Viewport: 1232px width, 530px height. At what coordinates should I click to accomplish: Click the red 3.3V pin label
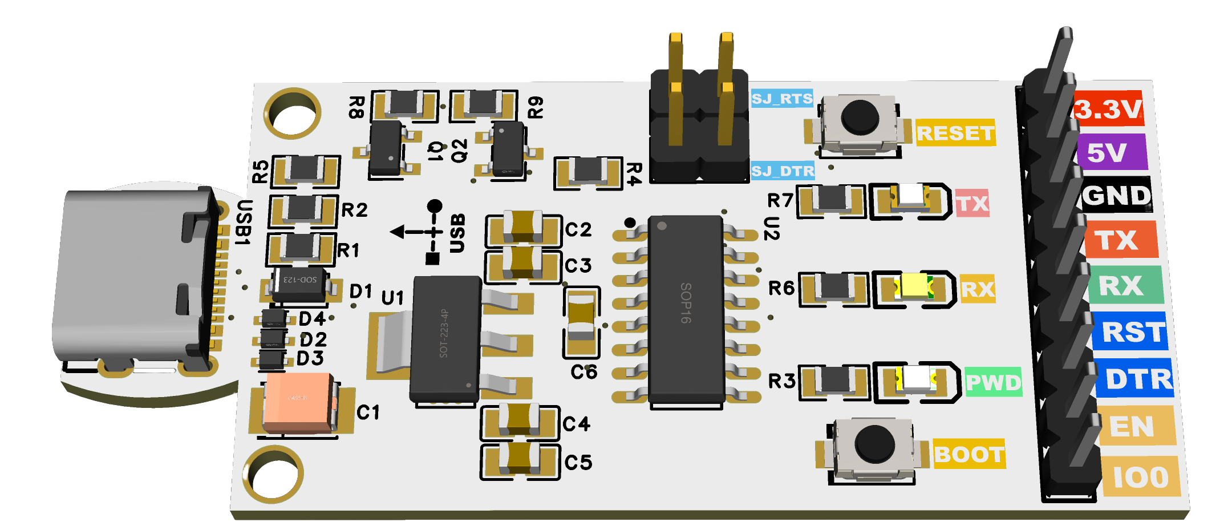[x=1108, y=108]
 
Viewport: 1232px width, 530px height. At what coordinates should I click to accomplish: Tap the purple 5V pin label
[x=1111, y=152]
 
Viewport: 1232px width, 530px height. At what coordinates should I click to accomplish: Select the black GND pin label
[x=1116, y=196]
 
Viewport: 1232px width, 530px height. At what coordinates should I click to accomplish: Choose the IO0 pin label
[x=1140, y=476]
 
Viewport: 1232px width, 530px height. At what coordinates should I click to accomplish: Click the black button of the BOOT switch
[x=874, y=444]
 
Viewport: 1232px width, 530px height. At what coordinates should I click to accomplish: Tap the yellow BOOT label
[x=969, y=454]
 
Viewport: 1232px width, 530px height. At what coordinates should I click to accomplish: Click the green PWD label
[x=993, y=382]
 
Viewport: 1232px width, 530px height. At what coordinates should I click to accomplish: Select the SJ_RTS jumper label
[x=782, y=99]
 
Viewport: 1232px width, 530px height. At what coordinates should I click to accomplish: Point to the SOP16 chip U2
[x=686, y=308]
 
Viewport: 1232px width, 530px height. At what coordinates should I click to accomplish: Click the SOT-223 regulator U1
[x=445, y=339]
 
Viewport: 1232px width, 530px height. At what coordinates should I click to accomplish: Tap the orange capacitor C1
[x=298, y=402]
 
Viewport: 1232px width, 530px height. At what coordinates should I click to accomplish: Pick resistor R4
[x=588, y=171]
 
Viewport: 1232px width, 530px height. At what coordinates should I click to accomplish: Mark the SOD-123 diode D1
[x=299, y=284]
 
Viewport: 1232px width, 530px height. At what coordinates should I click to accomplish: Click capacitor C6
[x=582, y=321]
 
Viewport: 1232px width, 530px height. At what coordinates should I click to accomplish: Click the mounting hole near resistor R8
[x=293, y=113]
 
